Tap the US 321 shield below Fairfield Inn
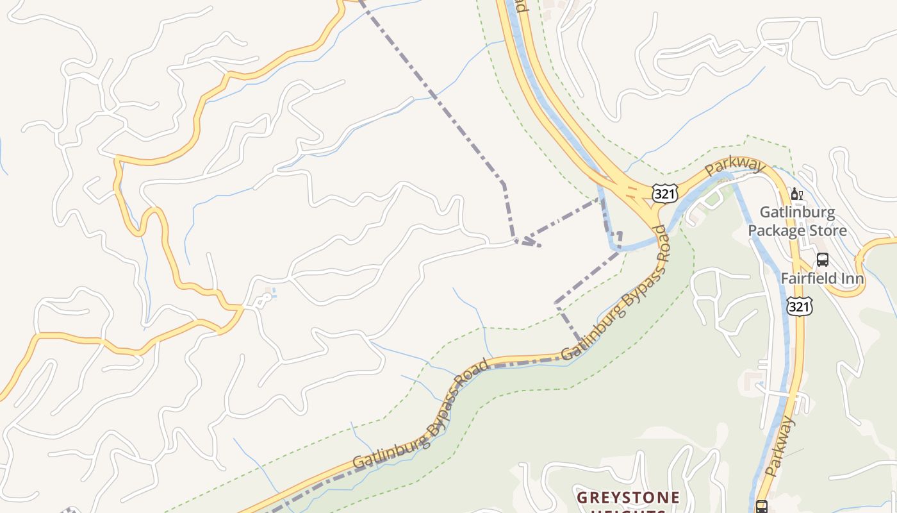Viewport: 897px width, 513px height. point(800,307)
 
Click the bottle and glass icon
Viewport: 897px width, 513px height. point(797,194)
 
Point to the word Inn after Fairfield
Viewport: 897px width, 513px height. point(853,279)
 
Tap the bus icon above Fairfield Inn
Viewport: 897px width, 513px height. point(823,260)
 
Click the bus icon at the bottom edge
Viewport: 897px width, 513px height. point(761,507)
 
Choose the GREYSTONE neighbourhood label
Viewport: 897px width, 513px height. point(628,498)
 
